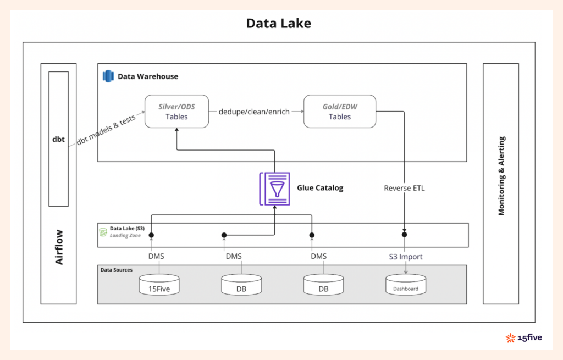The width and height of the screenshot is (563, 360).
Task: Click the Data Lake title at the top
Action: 278,23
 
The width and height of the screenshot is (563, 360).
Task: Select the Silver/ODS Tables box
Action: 176,112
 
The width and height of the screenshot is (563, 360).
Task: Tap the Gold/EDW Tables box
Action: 339,112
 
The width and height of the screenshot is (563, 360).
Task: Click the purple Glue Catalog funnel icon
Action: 274,189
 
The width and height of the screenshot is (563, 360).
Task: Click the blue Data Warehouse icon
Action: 108,76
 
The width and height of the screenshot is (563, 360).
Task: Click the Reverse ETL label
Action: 404,188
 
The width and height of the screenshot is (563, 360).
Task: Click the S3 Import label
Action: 405,256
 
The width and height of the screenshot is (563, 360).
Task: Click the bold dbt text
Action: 58,140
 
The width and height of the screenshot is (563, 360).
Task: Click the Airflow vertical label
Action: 59,247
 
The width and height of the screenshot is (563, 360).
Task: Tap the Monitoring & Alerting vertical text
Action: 501,176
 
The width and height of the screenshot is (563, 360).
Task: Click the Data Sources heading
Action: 117,270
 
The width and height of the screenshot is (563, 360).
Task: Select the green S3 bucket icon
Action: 103,232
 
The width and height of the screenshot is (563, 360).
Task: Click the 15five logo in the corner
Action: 524,337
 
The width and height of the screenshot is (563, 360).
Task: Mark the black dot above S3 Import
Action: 405,235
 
